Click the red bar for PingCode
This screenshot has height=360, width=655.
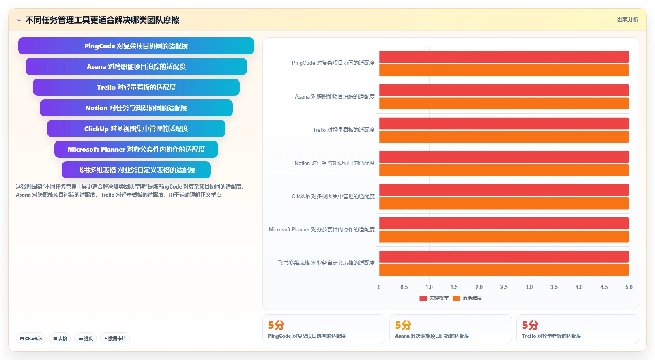pyautogui.click(x=504, y=57)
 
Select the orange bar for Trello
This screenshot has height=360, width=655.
pyautogui.click(x=504, y=137)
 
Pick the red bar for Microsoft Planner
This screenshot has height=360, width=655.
pyautogui.click(x=504, y=223)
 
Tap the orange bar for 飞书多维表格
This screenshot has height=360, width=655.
pyautogui.click(x=504, y=270)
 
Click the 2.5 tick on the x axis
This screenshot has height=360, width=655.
pyautogui.click(x=504, y=287)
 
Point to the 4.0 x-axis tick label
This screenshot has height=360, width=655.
pyautogui.click(x=579, y=287)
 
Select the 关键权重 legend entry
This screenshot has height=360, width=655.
pyautogui.click(x=434, y=298)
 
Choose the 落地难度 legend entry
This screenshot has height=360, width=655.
pyautogui.click(x=467, y=298)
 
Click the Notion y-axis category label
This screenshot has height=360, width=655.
pyautogui.click(x=335, y=163)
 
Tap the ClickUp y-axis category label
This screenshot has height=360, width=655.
pyautogui.click(x=333, y=196)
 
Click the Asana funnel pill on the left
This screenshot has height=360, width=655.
pyautogui.click(x=136, y=66)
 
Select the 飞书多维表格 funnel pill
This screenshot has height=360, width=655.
pyautogui.click(x=136, y=170)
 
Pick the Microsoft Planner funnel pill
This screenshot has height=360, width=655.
pyautogui.click(x=136, y=149)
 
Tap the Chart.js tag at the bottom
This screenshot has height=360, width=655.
pyautogui.click(x=31, y=339)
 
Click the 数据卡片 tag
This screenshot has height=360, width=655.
pyautogui.click(x=115, y=339)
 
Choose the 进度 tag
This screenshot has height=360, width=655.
pyautogui.click(x=86, y=339)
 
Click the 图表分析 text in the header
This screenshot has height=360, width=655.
pyautogui.click(x=627, y=19)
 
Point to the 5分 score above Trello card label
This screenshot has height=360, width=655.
pyautogui.click(x=530, y=325)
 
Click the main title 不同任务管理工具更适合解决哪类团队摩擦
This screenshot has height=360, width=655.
pyautogui.click(x=102, y=20)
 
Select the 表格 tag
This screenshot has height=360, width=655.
pyautogui.click(x=60, y=339)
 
